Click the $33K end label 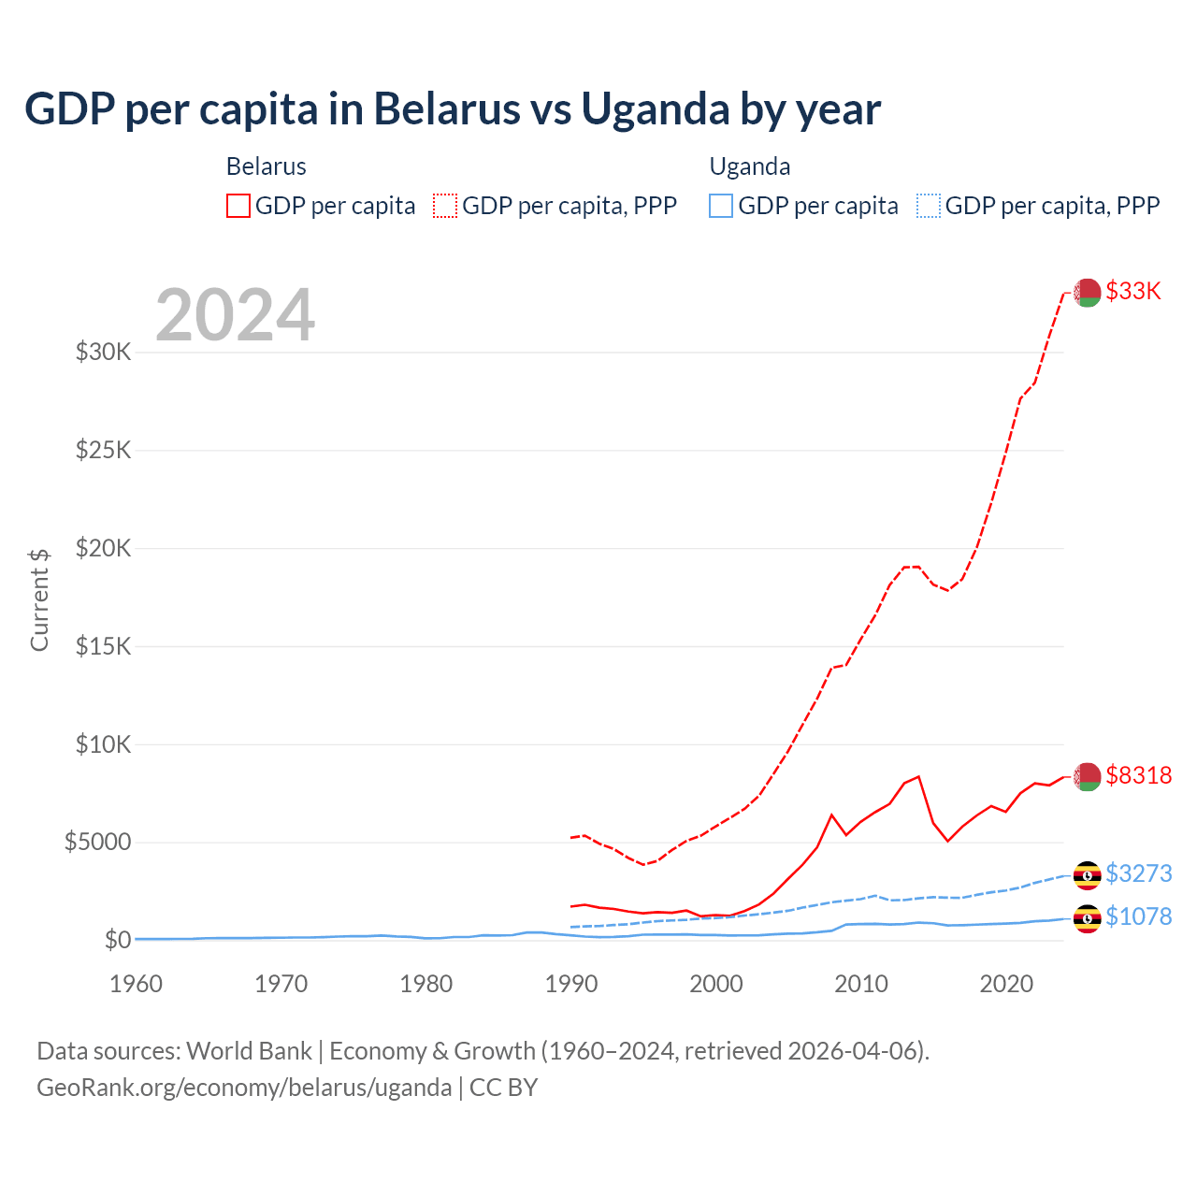pos(1132,291)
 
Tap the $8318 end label pos(1138,775)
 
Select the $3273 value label pos(1138,873)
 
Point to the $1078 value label pos(1138,916)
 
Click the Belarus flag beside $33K pos(1087,293)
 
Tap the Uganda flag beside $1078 pos(1087,919)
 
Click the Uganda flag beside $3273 pos(1087,875)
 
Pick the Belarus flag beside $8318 pos(1087,776)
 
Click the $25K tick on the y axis pos(103,451)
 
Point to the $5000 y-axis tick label pos(97,843)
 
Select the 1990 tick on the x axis pos(571,984)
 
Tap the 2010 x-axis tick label pos(861,984)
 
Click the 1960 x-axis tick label pos(137,984)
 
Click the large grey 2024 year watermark pos(235,315)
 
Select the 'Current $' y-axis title pos(39,599)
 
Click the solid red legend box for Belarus pos(238,206)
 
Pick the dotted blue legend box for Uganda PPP pos(929,206)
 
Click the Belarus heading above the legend pos(267,166)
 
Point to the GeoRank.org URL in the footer pos(244,1088)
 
